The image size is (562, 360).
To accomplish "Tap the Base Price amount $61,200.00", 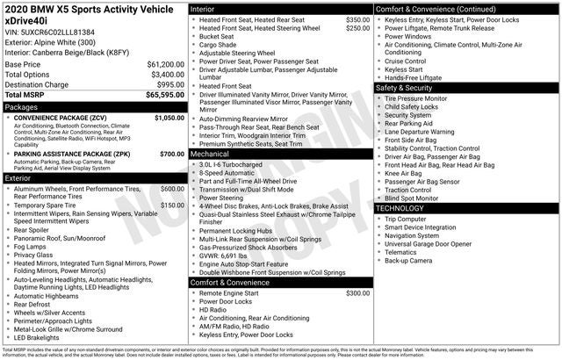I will pyautogui.click(x=164, y=65).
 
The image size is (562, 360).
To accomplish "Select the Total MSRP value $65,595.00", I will pyautogui.click(x=164, y=94).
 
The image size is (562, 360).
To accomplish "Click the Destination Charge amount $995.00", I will pyautogui.click(x=168, y=84).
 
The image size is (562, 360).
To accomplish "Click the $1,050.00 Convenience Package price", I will pyautogui.click(x=169, y=117).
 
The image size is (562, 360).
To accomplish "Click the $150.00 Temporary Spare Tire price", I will pyautogui.click(x=172, y=205).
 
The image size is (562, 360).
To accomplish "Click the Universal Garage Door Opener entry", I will pyautogui.click(x=430, y=243).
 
